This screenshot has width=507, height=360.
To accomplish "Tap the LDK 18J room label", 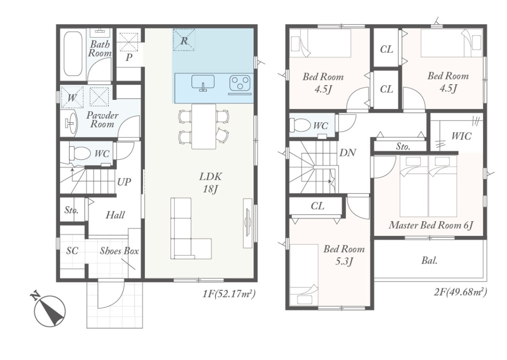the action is pos(211,183).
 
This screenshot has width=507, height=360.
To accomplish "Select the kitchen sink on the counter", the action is pos(203,82).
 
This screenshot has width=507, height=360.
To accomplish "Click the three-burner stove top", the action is pos(240,83).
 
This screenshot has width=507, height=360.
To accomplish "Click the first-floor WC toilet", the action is pos(78,153).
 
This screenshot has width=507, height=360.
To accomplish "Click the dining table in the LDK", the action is pos(204,126).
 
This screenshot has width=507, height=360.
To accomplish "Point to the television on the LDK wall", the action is pos(248,223).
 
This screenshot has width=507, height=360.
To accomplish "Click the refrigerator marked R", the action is pos(184,40).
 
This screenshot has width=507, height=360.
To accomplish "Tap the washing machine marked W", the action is pos(72,97).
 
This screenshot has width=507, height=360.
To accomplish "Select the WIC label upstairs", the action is pos(461,136).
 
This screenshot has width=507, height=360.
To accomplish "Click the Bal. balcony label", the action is pos(429,260).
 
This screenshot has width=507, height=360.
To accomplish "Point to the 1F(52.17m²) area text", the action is pos(229,294).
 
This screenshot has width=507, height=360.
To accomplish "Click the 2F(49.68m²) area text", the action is pos(460,292).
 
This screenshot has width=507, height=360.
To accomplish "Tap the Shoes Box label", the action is pos(119,251).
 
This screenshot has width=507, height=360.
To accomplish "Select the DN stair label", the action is pos(348,152).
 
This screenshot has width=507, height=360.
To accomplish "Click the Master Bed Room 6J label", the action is pos(431,225).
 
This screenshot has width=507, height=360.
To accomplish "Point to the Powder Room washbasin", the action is pos(71,122).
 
